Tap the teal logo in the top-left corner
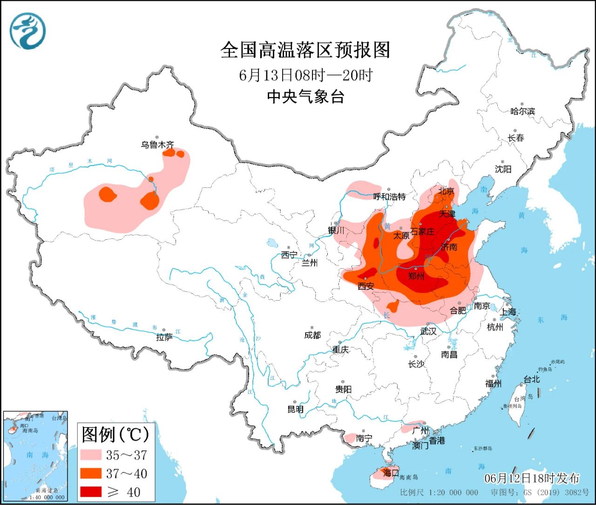click(x=28, y=31)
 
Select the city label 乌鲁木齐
click(x=157, y=145)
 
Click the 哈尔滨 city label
click(x=522, y=111)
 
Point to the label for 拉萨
click(x=164, y=337)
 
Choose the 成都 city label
click(x=312, y=335)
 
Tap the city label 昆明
click(x=295, y=409)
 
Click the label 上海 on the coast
click(x=508, y=312)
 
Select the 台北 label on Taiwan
click(x=531, y=380)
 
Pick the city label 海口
click(x=390, y=472)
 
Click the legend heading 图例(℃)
click(x=115, y=434)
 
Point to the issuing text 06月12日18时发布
click(x=532, y=478)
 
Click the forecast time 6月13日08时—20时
click(x=305, y=75)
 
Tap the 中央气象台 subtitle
click(x=305, y=97)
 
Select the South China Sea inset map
click(x=35, y=456)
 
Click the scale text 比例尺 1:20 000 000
click(x=439, y=492)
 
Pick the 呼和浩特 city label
click(x=389, y=197)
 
